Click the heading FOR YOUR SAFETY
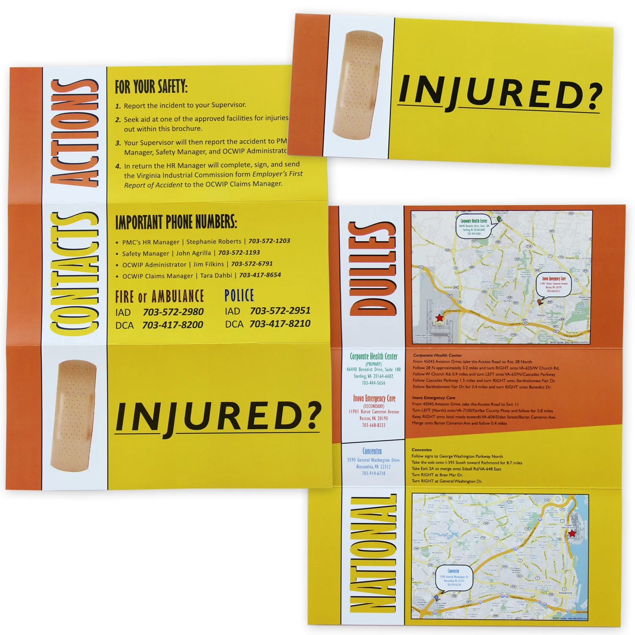pyautogui.click(x=151, y=87)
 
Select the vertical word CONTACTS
pyautogui.click(x=75, y=273)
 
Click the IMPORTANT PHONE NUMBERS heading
pyautogui.click(x=176, y=222)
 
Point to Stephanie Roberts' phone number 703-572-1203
pyautogui.click(x=269, y=241)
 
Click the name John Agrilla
pyautogui.click(x=193, y=253)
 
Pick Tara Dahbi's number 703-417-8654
pyautogui.click(x=260, y=275)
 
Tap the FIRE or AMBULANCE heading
pyautogui.click(x=160, y=297)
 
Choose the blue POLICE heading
pyautogui.click(x=239, y=295)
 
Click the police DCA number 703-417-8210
pyautogui.click(x=280, y=324)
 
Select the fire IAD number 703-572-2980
pyautogui.click(x=173, y=312)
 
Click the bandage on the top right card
pyautogui.click(x=358, y=85)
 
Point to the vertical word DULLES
pyautogui.click(x=373, y=269)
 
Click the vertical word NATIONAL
pyautogui.click(x=373, y=555)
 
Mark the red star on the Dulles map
pyautogui.click(x=439, y=317)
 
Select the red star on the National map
pyautogui.click(x=572, y=533)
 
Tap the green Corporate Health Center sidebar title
pyautogui.click(x=373, y=356)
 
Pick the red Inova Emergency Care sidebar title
pyautogui.click(x=374, y=398)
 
